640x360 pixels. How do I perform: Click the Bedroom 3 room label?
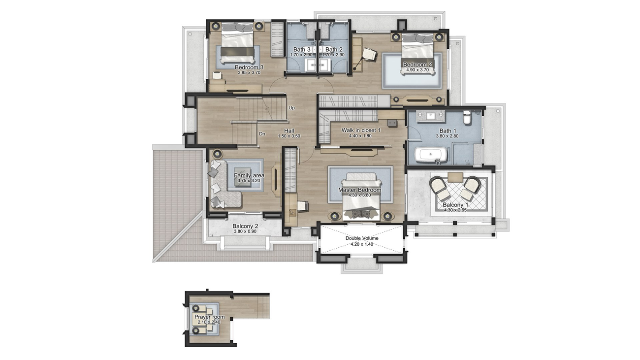(x=249, y=67)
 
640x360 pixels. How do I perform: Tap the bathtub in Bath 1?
(x=431, y=155)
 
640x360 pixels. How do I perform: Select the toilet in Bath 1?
(x=467, y=117)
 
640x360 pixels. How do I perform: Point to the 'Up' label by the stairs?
(x=291, y=108)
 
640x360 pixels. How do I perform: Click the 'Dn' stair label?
(x=262, y=134)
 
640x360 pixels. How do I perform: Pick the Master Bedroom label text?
(x=360, y=190)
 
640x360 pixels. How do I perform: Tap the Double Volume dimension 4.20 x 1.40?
(x=362, y=244)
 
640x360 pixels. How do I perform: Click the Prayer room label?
(x=209, y=317)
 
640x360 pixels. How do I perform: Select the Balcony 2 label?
(x=245, y=226)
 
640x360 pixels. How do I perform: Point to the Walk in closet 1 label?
(x=361, y=131)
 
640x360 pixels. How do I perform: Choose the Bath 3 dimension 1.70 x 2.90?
(x=301, y=55)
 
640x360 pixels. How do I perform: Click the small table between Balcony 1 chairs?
(x=455, y=177)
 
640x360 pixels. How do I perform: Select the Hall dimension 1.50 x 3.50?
(x=289, y=136)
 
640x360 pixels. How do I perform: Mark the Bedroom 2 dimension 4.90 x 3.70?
(x=417, y=70)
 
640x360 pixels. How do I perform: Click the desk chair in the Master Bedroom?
(x=303, y=206)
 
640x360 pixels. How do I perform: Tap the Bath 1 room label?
(x=448, y=131)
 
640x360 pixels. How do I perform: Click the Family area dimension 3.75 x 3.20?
(x=249, y=181)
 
